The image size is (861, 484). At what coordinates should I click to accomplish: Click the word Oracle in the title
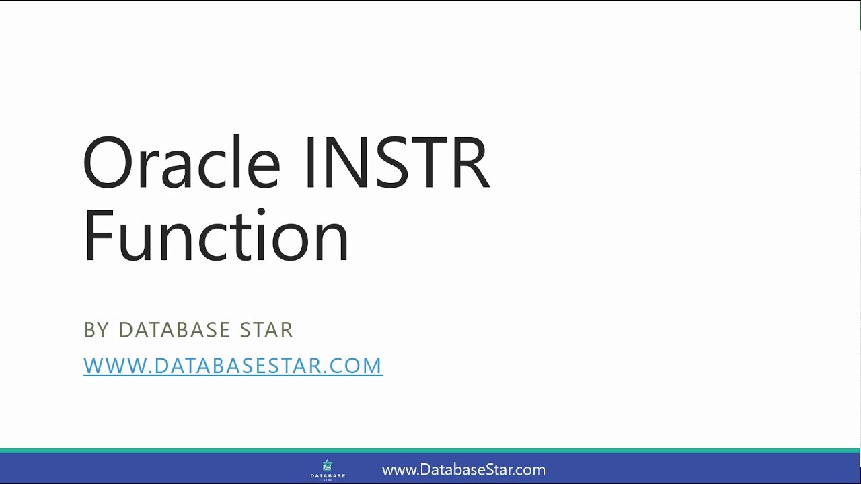point(181,163)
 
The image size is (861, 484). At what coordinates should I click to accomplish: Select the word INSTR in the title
point(397,163)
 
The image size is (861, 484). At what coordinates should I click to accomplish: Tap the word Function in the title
point(216,237)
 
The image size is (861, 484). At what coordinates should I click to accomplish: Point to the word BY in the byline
point(96,330)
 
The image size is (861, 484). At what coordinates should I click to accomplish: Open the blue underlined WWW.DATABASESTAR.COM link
point(233,366)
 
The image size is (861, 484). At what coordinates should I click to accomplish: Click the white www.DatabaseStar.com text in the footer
point(463,470)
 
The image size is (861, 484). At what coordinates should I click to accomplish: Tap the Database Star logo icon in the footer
point(328,465)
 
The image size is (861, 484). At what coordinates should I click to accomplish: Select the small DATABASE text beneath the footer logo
point(328,475)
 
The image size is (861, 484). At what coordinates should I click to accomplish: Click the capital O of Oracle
point(108,163)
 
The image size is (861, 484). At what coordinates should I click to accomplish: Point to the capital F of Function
point(97,237)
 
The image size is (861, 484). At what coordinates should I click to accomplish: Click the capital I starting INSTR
point(310,163)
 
